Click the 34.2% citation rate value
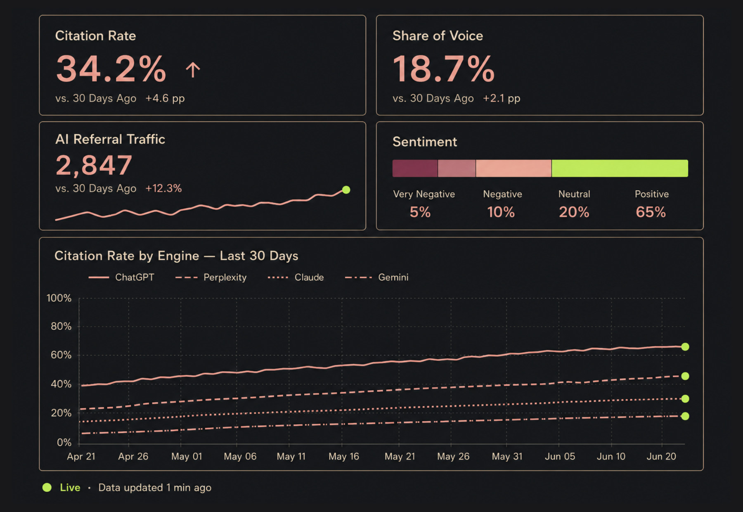[111, 69]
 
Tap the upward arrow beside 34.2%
[193, 70]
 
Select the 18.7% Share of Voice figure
[444, 69]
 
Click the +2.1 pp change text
[502, 98]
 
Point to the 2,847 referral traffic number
[94, 165]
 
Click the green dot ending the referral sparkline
[346, 190]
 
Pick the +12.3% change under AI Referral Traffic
[163, 188]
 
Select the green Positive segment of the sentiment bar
[620, 168]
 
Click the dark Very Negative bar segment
[415, 168]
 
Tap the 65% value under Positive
[651, 212]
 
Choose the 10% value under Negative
[501, 212]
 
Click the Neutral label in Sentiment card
[574, 194]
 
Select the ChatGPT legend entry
[121, 277]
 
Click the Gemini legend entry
[376, 277]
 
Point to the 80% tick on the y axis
[61, 327]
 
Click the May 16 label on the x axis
[344, 456]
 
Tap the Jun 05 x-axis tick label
[560, 456]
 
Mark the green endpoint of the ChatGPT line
[685, 347]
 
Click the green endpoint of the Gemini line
[685, 416]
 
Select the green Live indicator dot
[47, 488]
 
